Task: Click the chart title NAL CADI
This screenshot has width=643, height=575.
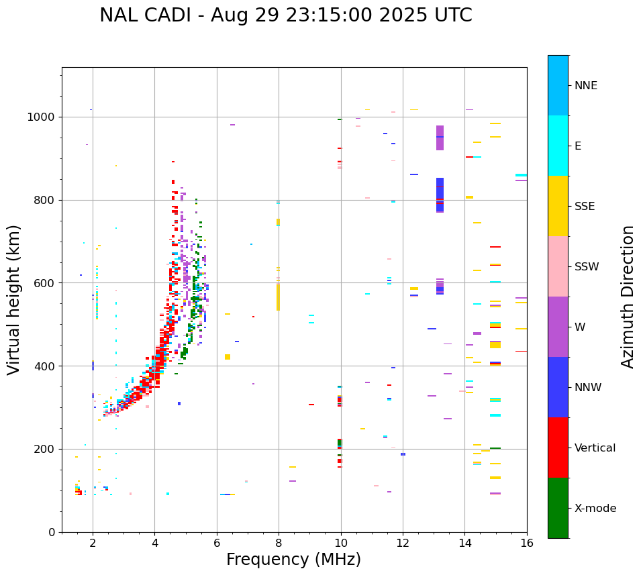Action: click(x=285, y=15)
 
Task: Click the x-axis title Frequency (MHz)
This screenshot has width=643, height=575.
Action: click(x=293, y=560)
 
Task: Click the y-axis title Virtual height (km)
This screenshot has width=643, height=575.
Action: click(x=14, y=299)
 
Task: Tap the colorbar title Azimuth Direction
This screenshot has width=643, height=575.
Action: click(x=628, y=296)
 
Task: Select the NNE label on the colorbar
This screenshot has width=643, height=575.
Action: click(x=585, y=86)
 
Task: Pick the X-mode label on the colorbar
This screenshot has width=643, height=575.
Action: click(x=595, y=509)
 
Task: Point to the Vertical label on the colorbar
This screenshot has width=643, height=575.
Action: click(x=595, y=448)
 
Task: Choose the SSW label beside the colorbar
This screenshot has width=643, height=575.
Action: click(x=587, y=267)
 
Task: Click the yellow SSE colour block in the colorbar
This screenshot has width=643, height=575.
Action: click(x=558, y=206)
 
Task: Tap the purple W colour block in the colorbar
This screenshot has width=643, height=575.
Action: click(x=558, y=327)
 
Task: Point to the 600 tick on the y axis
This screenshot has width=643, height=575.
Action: click(x=45, y=283)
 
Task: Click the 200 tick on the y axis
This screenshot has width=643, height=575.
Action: click(x=45, y=449)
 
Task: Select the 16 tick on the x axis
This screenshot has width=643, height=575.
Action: click(x=527, y=543)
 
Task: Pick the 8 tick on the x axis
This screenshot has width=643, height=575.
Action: click(x=279, y=543)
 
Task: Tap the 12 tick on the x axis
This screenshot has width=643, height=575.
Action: click(x=403, y=543)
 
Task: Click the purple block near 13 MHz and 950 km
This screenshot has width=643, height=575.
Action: click(x=440, y=138)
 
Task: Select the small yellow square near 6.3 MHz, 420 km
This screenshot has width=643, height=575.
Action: click(x=228, y=357)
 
